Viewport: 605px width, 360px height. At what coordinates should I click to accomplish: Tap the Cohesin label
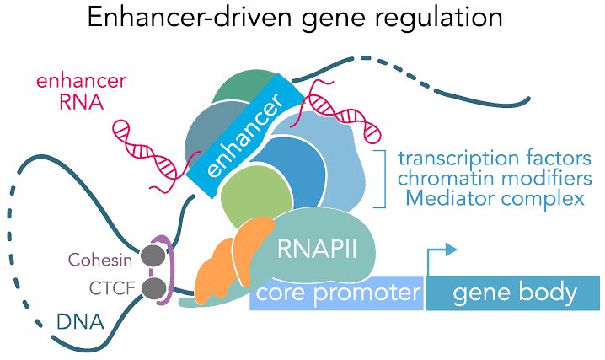click(x=100, y=260)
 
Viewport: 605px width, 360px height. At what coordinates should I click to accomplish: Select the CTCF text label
click(x=112, y=287)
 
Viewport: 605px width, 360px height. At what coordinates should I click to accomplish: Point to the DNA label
click(x=80, y=321)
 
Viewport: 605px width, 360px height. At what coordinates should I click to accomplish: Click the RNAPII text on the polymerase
click(x=317, y=249)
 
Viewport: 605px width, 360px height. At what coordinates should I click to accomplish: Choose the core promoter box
click(x=337, y=293)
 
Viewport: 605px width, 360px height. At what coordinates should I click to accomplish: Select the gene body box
click(x=513, y=293)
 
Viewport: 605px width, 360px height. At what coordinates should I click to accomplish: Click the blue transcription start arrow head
click(x=451, y=250)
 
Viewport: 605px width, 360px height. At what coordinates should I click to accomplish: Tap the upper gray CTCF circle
click(x=153, y=255)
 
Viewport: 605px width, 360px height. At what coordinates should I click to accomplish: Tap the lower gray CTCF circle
click(x=154, y=287)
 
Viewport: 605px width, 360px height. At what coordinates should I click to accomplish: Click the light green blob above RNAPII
click(x=256, y=201)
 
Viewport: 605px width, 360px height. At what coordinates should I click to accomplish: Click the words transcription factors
click(x=495, y=159)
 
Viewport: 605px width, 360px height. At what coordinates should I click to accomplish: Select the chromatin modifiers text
click(x=495, y=178)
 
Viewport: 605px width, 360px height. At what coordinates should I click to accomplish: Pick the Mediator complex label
click(x=495, y=198)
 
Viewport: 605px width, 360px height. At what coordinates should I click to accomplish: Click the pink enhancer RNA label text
click(x=82, y=92)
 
